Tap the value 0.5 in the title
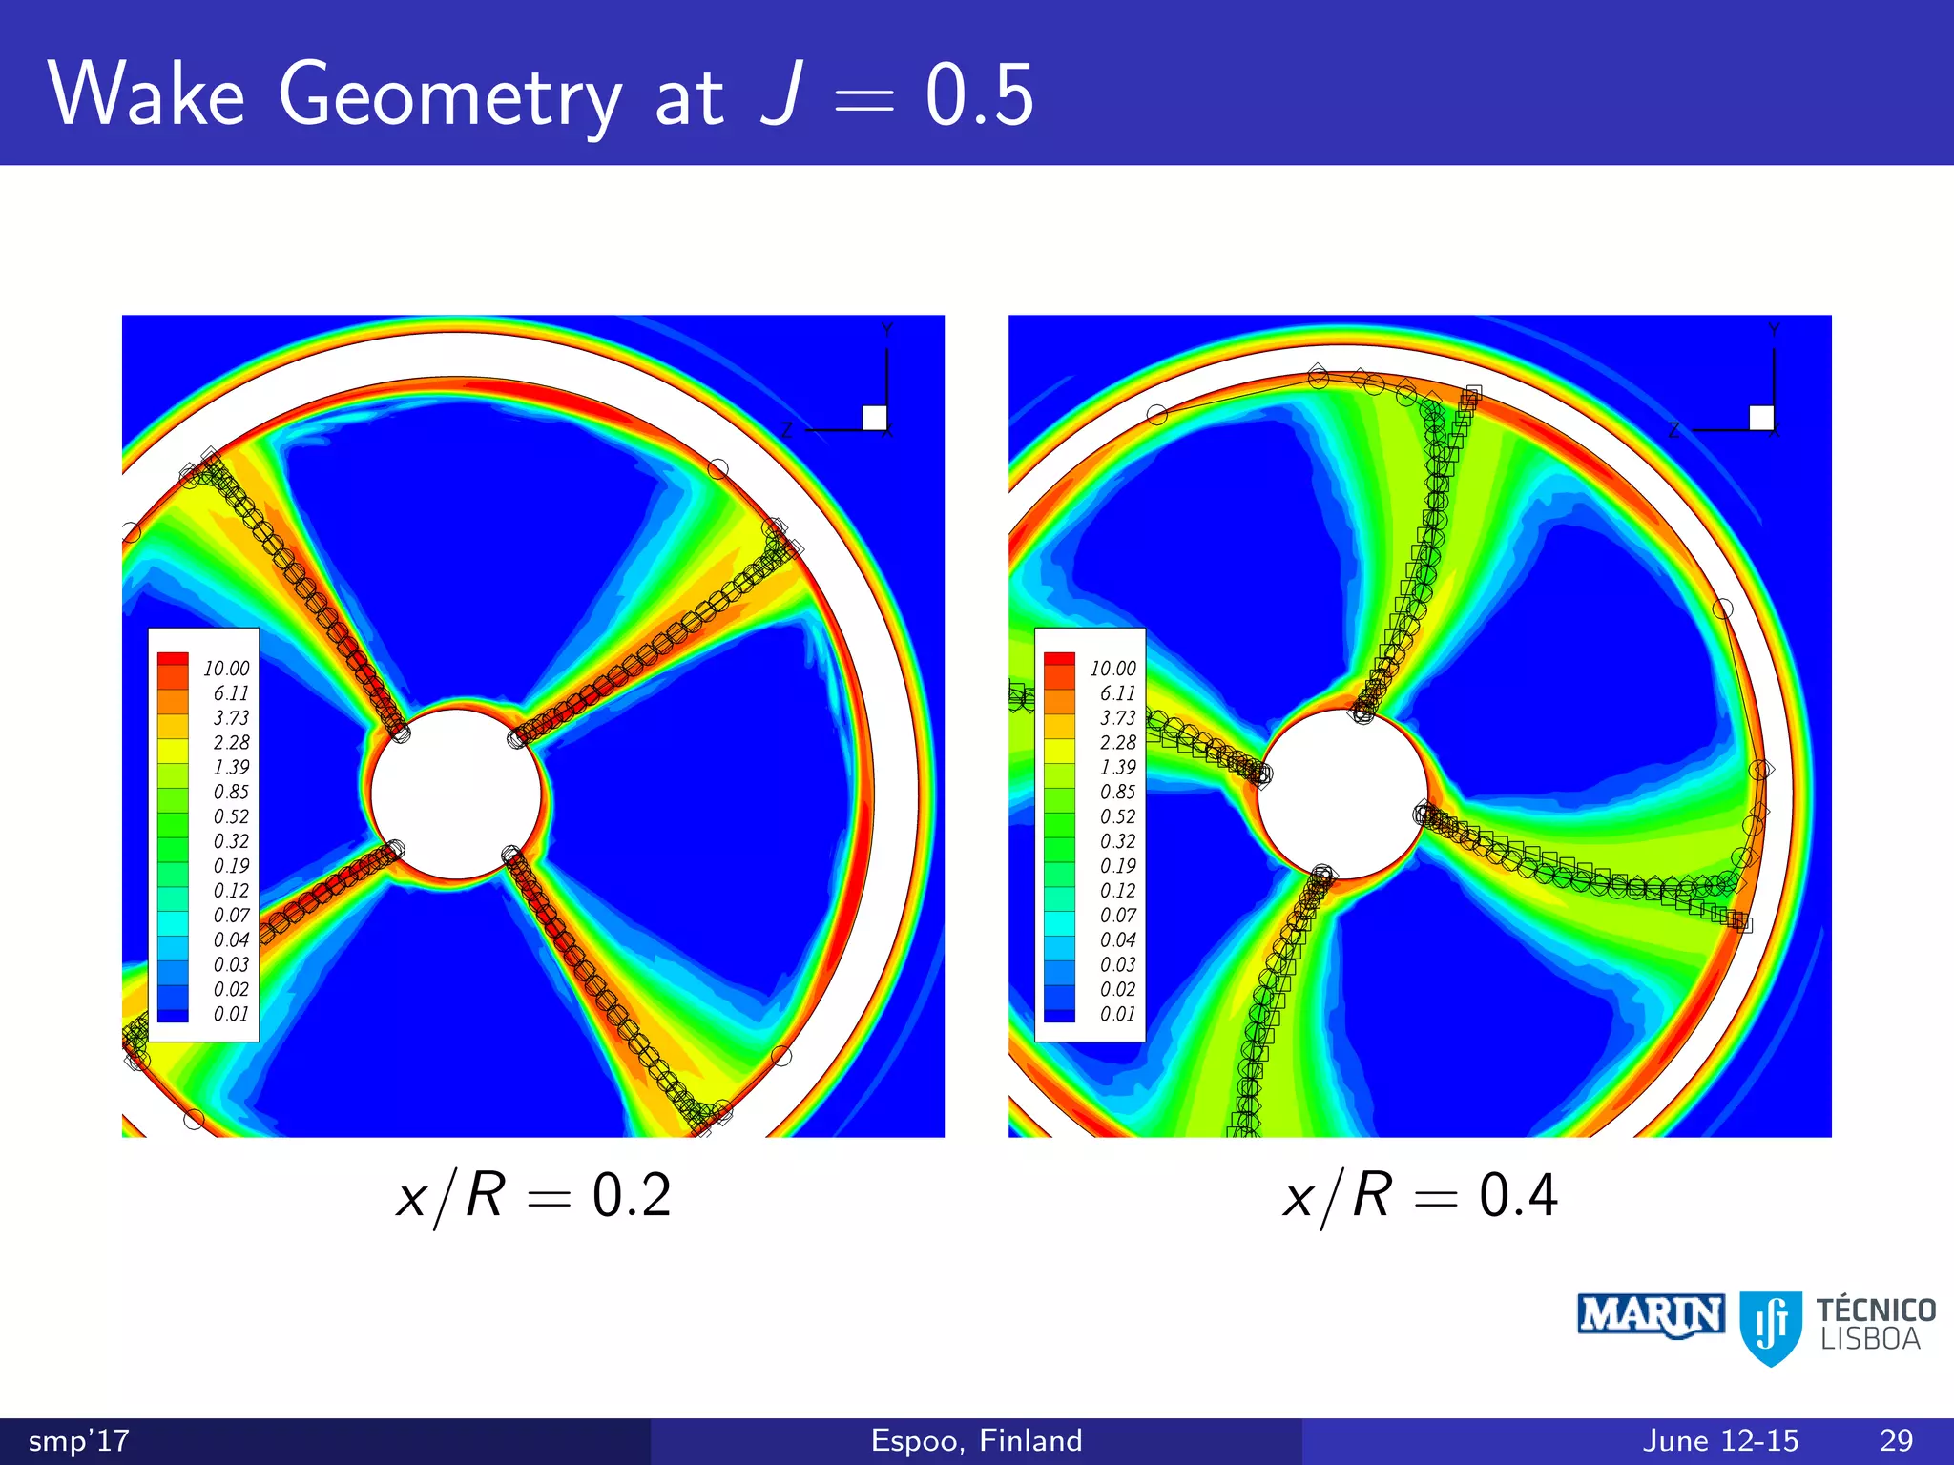pyautogui.click(x=979, y=94)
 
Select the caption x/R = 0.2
pyautogui.click(x=533, y=1195)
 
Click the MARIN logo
pyautogui.click(x=1651, y=1316)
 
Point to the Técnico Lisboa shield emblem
pyautogui.click(x=1771, y=1327)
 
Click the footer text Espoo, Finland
pyautogui.click(x=976, y=1440)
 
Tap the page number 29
pyautogui.click(x=1896, y=1440)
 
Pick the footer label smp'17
pyautogui.click(x=78, y=1440)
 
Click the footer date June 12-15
pyautogui.click(x=1720, y=1440)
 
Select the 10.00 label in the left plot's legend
pyautogui.click(x=226, y=669)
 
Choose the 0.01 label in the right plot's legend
pyautogui.click(x=1117, y=1014)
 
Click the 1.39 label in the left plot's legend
pyautogui.click(x=231, y=767)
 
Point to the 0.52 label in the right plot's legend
pyautogui.click(x=1117, y=816)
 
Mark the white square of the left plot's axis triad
pyautogui.click(x=874, y=418)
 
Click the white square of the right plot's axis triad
pyautogui.click(x=1761, y=418)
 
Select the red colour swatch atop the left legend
pyautogui.click(x=173, y=660)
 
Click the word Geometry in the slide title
pyautogui.click(x=449, y=96)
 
